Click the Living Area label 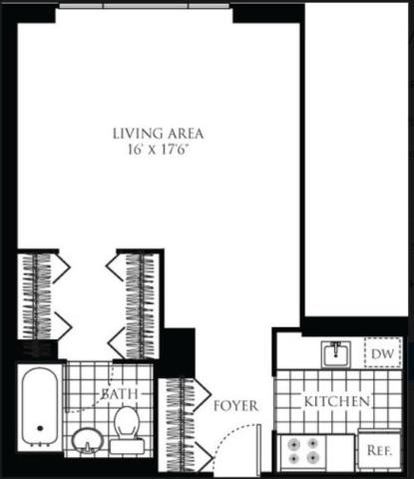tap(158, 134)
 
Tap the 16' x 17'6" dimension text tap(159, 150)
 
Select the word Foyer tap(235, 406)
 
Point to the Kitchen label tap(337, 401)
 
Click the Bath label tap(120, 393)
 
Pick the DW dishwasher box tap(382, 352)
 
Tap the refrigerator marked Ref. tap(379, 450)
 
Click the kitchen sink tap(336, 354)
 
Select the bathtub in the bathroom tap(40, 407)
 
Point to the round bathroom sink tap(88, 440)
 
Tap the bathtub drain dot tap(41, 428)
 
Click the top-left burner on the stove tap(294, 443)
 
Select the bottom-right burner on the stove tap(312, 459)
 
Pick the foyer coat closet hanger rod tap(183, 425)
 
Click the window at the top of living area tap(145, 6)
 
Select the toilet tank tap(128, 447)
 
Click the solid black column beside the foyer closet tap(178, 353)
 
